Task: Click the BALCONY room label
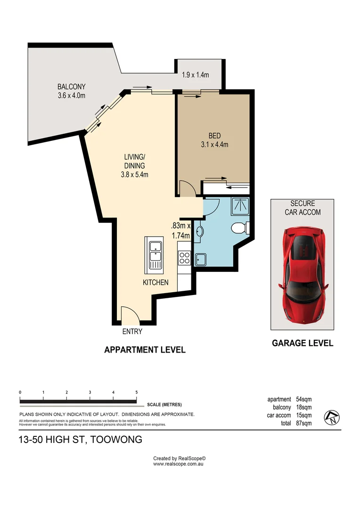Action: [72, 87]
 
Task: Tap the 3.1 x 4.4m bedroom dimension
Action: [212, 145]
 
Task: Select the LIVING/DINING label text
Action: [134, 162]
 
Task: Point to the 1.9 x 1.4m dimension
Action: [195, 75]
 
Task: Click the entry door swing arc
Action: [128, 314]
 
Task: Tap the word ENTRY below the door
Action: [132, 332]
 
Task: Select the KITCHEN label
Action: [155, 283]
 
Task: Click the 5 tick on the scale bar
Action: [136, 392]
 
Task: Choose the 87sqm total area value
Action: [304, 423]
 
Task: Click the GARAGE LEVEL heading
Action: [303, 343]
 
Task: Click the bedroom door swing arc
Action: [188, 189]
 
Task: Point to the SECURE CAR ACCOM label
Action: [303, 207]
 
